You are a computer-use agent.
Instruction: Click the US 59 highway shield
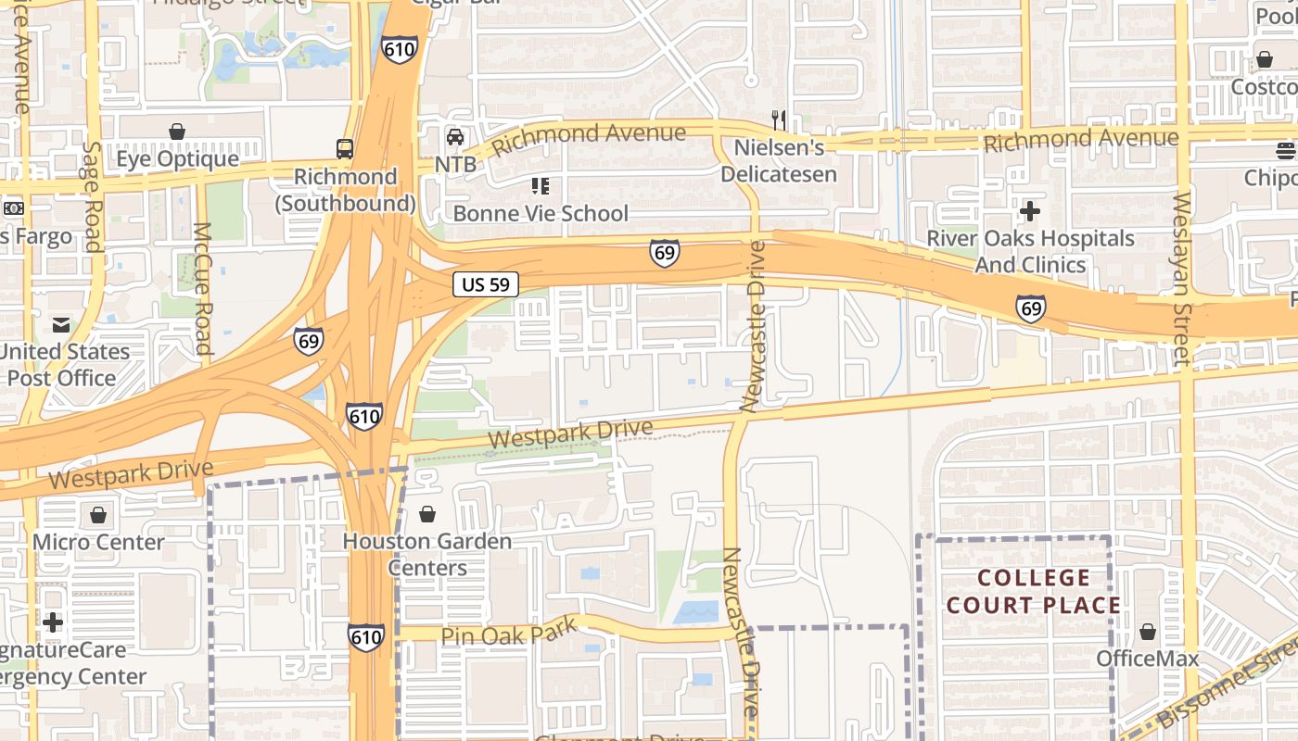point(486,284)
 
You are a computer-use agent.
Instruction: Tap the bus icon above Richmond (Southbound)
point(344,148)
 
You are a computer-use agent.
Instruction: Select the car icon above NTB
point(455,137)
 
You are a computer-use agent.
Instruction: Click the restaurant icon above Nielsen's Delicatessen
point(779,119)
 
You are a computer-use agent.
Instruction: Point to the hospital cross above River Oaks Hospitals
point(1029,211)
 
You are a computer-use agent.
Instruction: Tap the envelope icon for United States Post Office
point(61,325)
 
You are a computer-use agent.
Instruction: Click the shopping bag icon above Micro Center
point(98,515)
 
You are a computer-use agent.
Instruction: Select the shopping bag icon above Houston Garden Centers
point(427,514)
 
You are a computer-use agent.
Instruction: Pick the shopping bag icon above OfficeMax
point(1148,633)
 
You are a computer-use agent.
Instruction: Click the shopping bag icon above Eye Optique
point(177,132)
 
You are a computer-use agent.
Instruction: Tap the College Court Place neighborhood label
point(1035,592)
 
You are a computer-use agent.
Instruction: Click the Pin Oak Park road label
point(508,633)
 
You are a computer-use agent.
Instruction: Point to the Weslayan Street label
point(1181,278)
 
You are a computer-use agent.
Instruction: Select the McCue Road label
point(202,288)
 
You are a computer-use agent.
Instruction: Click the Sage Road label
point(91,196)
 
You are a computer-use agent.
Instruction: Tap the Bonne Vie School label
point(541,213)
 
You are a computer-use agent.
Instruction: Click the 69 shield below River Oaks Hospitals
point(1030,308)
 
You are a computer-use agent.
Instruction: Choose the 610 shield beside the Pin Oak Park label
point(366,636)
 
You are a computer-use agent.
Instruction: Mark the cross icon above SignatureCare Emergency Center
point(53,622)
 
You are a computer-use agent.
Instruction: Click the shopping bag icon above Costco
point(1264,60)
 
